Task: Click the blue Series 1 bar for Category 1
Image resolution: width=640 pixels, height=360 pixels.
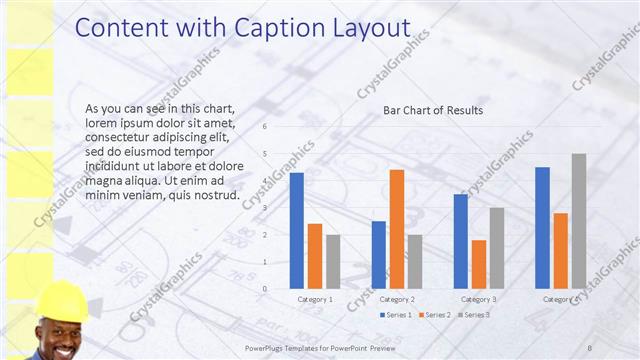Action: (297, 231)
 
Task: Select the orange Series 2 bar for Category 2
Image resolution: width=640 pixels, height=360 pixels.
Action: (397, 229)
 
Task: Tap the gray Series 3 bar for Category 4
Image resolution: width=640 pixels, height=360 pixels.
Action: (579, 221)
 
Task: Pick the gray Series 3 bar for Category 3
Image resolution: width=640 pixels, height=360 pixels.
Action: (497, 248)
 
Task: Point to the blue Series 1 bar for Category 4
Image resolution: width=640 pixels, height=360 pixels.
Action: (542, 228)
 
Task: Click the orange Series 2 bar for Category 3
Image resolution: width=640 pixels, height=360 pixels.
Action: (479, 264)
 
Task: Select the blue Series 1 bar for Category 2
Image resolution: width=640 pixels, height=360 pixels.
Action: (379, 255)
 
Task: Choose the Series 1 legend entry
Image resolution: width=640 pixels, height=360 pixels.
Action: (397, 315)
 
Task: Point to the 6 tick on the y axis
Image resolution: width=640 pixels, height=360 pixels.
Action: (265, 127)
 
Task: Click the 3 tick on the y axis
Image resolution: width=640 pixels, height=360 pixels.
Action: (265, 208)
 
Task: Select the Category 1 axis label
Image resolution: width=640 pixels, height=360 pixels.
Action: (315, 299)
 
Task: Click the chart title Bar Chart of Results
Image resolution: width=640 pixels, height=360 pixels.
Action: (433, 110)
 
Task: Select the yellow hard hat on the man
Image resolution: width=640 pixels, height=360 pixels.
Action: (61, 299)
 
